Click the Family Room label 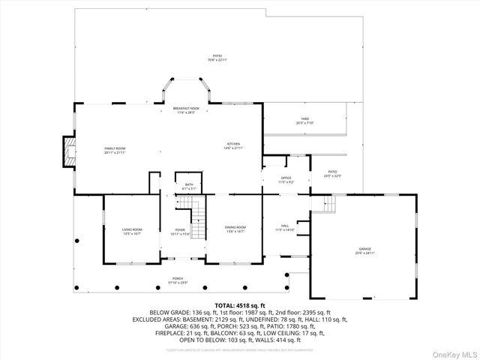[115, 150]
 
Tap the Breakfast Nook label [186, 110]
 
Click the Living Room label [132, 230]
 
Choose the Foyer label [180, 231]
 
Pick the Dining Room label [235, 230]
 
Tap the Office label [286, 180]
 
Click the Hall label [285, 227]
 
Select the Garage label [365, 250]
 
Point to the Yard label [304, 120]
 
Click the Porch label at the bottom [178, 280]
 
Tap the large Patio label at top [217, 58]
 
